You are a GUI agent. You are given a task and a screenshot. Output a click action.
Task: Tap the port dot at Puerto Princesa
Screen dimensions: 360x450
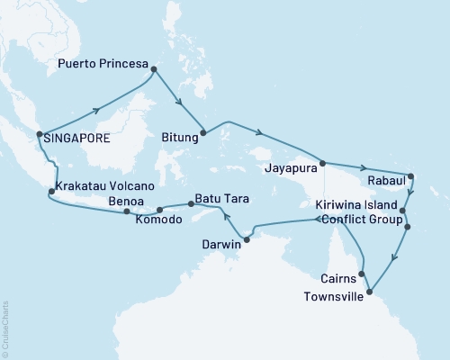point(154,69)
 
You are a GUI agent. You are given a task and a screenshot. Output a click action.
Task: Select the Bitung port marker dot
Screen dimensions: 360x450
point(202,133)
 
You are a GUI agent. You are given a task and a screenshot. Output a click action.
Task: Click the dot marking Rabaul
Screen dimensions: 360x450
point(409,176)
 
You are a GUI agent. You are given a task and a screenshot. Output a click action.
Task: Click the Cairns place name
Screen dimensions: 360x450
point(340,277)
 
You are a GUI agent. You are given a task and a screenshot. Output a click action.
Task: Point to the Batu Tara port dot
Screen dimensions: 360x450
point(192,205)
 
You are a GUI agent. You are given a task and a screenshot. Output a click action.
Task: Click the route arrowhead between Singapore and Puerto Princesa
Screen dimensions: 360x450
point(96,112)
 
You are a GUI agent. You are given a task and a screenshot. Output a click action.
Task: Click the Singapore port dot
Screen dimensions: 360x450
point(39,136)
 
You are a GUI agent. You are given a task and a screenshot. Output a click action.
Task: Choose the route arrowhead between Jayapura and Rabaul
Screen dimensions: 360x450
point(364,168)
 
